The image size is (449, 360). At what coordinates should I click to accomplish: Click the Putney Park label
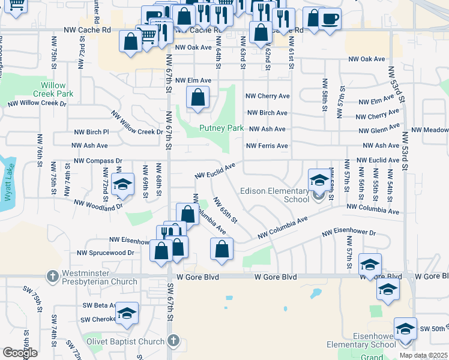[x=214, y=128]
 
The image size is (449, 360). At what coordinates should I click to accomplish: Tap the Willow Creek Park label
[x=53, y=90]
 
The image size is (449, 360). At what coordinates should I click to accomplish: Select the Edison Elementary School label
[x=274, y=196]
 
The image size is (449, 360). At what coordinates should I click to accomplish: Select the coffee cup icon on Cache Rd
[x=329, y=19]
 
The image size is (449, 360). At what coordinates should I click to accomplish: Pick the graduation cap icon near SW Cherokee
[x=127, y=313]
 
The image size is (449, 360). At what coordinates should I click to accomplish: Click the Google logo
[x=20, y=352]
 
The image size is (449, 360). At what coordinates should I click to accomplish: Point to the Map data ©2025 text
[x=423, y=355]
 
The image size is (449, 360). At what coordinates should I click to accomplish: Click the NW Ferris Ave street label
[x=267, y=146]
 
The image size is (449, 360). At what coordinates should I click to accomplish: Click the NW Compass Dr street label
[x=98, y=161]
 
